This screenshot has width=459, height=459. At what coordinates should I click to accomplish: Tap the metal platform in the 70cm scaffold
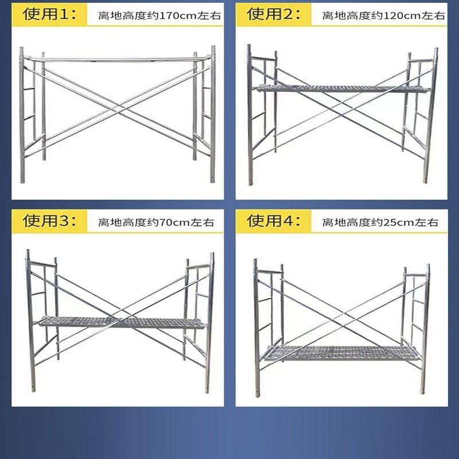pyautogui.click(x=120, y=322)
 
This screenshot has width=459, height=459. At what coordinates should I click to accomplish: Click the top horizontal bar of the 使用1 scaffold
pyautogui.click(x=118, y=58)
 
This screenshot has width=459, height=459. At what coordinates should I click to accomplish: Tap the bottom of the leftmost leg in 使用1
pyautogui.click(x=22, y=180)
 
